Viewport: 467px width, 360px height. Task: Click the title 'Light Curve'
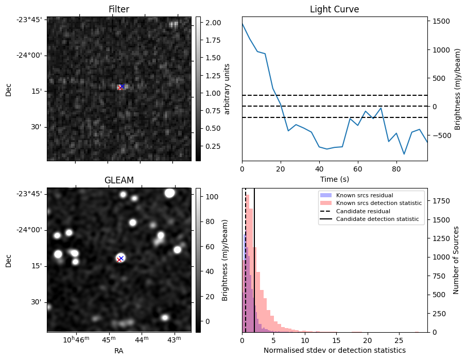tap(334, 9)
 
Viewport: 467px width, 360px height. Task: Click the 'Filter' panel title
tap(118, 9)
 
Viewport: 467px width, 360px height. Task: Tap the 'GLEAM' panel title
tap(118, 180)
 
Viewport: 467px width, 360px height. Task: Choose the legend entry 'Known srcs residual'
tap(364, 196)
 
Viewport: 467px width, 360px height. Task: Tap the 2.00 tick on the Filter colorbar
tap(213, 23)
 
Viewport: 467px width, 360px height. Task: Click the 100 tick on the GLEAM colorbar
tap(212, 197)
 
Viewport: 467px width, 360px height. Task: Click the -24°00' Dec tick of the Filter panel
tap(31, 55)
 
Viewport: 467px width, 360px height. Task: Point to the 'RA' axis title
tap(118, 351)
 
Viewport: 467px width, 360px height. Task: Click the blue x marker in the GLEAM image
tap(121, 258)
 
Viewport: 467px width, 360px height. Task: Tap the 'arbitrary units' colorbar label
tap(227, 89)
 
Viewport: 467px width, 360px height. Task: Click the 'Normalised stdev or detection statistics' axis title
tap(334, 351)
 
